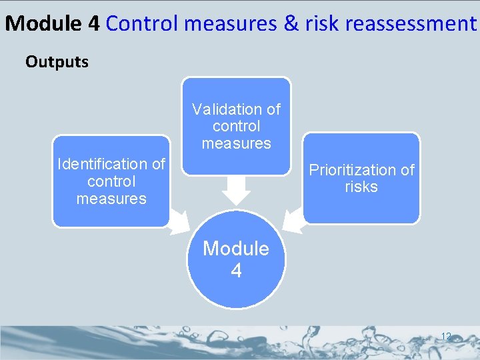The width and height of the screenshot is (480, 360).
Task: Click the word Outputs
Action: (x=57, y=62)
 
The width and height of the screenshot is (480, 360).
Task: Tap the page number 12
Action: (x=446, y=336)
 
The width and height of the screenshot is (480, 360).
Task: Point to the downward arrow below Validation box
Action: (x=236, y=190)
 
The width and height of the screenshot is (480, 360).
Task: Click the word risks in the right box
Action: (x=361, y=187)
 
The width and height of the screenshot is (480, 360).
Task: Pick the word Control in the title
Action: (x=143, y=24)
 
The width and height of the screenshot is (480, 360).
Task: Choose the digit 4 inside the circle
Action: (x=236, y=271)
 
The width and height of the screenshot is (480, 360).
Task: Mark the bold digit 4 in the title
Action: (x=93, y=24)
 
